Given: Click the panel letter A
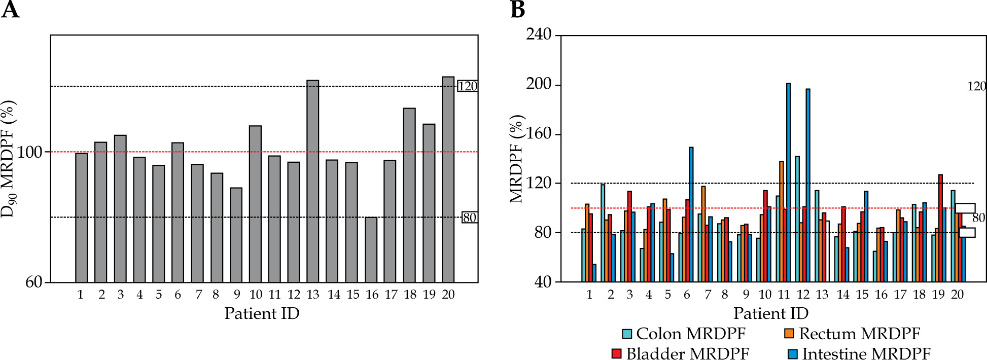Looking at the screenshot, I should pos(10,10).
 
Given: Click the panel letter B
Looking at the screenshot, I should pos(517,10).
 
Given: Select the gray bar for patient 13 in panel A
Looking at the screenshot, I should pos(313,181).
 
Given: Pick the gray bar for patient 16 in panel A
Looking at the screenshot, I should pos(371,249).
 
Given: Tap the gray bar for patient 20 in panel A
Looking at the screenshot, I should pos(448,179).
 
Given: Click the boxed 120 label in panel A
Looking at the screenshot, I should pos(467,86).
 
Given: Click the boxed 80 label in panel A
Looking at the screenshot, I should pos(469,218).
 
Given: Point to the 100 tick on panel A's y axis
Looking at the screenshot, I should pos(30,152).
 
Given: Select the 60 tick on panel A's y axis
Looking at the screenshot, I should pos(34,282).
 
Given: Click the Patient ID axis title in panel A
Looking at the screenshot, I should pos(262,313).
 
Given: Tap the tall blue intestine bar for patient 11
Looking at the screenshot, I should pos(788,183).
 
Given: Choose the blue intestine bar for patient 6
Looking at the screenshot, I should pos(691,214).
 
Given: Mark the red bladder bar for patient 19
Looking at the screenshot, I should pos(940,228).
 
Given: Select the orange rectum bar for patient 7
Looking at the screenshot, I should pos(703,234).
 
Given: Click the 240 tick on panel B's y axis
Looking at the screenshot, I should pos(539,34).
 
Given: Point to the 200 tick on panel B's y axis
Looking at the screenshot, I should pos(539,84).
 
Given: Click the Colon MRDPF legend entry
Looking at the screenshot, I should pos(684,334).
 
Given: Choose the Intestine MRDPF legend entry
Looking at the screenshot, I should pos(859,354).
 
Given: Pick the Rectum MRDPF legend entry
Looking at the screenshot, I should pos(852,334).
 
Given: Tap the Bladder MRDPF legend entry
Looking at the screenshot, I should pos(680,354).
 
